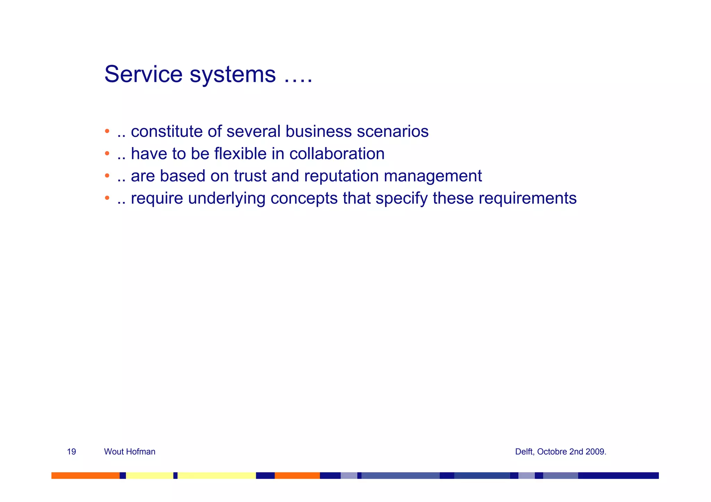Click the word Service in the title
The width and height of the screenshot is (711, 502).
(143, 74)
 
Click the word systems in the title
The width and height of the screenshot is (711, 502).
(232, 75)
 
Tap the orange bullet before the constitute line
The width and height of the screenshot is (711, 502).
(107, 131)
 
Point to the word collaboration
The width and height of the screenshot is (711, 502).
(337, 154)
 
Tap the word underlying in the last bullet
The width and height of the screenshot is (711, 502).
(226, 199)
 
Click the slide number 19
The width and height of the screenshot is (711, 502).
(71, 452)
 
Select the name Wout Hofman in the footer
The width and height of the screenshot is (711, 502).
(129, 452)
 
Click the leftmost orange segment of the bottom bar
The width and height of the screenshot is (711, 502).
(85, 475)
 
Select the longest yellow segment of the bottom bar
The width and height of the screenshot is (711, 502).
(217, 475)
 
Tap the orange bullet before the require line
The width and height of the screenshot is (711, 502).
(107, 198)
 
